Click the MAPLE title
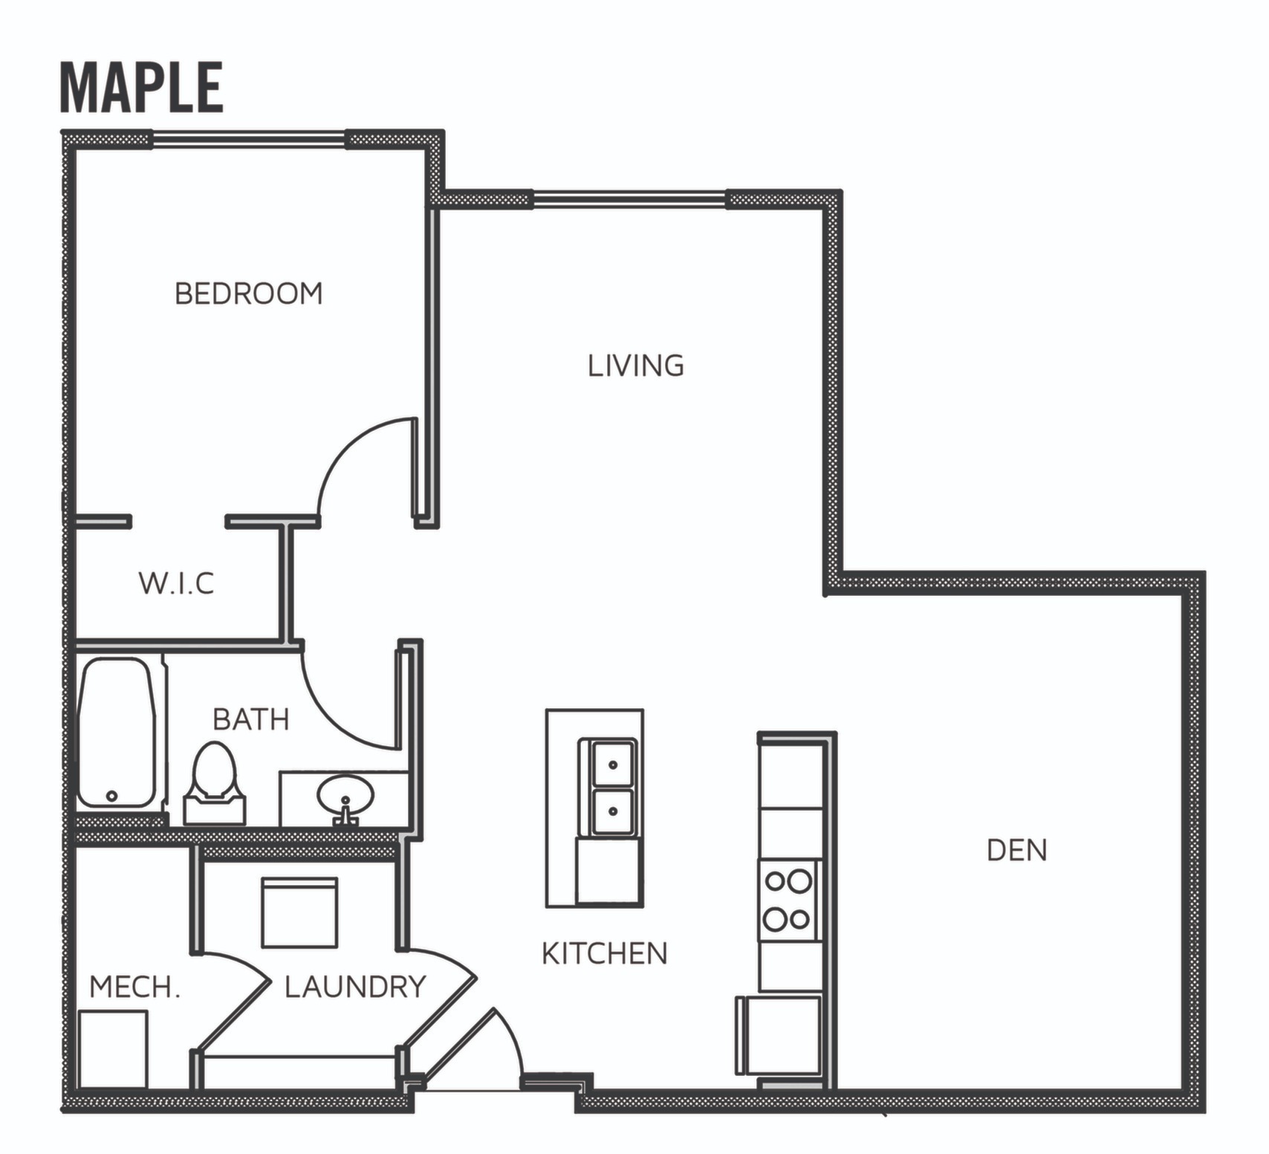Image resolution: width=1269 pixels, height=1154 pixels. (141, 88)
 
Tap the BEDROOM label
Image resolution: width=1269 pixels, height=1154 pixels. (249, 294)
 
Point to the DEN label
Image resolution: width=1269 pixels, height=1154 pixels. (1016, 850)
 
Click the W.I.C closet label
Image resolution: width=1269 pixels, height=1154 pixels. (177, 583)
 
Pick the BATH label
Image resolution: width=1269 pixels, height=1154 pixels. (250, 719)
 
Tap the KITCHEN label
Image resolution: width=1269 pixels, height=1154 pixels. (604, 953)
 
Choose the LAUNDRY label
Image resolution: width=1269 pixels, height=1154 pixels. (355, 987)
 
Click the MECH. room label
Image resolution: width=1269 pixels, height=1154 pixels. (134, 988)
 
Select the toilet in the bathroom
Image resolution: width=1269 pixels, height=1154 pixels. (214, 784)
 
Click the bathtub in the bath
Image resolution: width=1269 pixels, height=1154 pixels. (116, 733)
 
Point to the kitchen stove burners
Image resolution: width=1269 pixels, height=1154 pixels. (788, 900)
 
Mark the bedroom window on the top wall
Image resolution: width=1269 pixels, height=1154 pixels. (249, 139)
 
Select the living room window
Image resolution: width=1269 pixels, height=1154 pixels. (629, 198)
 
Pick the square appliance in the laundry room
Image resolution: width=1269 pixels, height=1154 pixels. (299, 912)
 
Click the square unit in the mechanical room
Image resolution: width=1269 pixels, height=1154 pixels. (112, 1048)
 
